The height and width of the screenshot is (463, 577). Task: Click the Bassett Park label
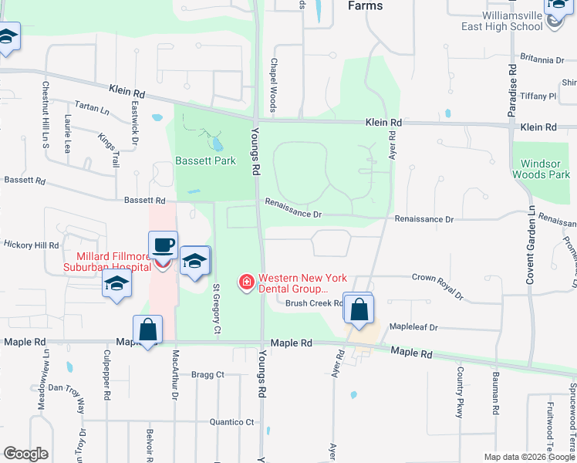204,161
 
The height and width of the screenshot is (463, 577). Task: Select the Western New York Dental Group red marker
247,284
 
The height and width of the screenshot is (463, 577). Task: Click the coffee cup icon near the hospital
163,246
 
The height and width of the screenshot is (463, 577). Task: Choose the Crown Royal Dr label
437,286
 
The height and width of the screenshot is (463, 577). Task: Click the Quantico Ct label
231,422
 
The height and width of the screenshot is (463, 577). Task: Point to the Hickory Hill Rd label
30,245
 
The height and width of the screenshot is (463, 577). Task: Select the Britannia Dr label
542,59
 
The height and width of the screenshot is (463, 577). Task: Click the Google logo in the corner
25,454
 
